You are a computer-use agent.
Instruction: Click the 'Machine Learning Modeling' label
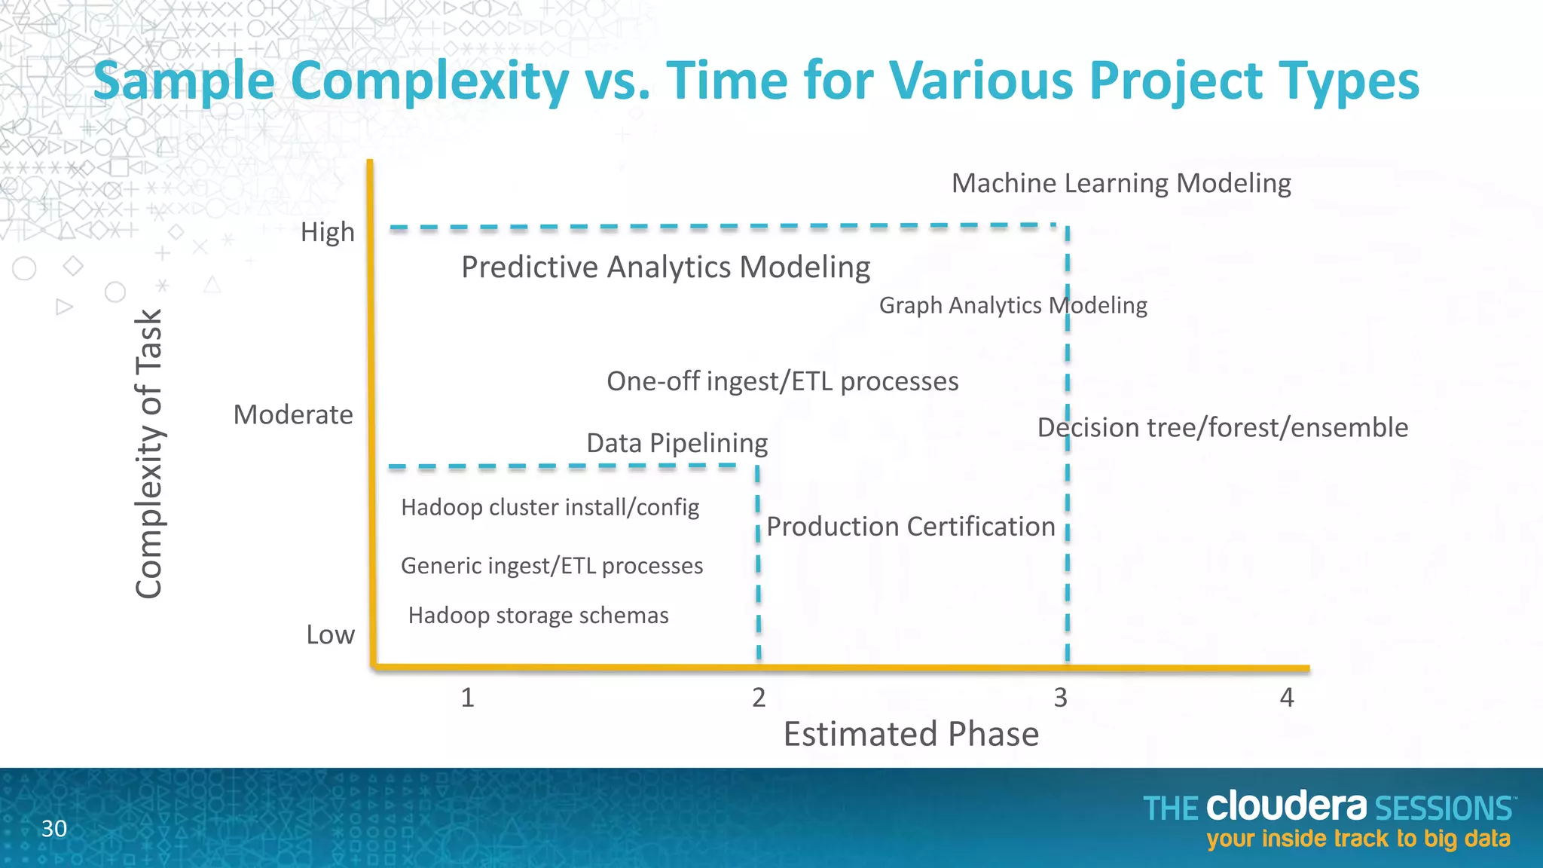coord(1121,183)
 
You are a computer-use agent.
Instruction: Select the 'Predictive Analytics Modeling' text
coord(665,267)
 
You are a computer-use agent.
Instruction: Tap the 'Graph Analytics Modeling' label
coord(1013,305)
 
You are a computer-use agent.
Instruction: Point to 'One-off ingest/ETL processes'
coord(782,381)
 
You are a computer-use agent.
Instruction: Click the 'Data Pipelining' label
coord(677,443)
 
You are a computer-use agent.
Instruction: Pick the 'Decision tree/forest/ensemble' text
coord(1222,427)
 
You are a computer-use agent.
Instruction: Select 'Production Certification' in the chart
coord(910,526)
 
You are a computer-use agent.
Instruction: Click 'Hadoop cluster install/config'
coord(550,507)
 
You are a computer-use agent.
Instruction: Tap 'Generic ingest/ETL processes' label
coord(552,566)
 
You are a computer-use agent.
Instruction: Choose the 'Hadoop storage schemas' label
coord(538,616)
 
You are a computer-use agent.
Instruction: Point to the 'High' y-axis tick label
coord(327,232)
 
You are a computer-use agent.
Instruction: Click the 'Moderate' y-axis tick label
coord(292,414)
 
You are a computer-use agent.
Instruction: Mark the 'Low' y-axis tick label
coord(330,634)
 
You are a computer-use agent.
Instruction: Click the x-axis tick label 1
coord(467,698)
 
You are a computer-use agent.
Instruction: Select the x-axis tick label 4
coord(1286,698)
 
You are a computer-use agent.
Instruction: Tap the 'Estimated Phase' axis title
coord(910,734)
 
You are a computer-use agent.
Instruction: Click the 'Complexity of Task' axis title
coord(149,454)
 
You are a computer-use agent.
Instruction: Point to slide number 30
coord(53,829)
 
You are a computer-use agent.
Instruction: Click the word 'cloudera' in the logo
coord(1285,807)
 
